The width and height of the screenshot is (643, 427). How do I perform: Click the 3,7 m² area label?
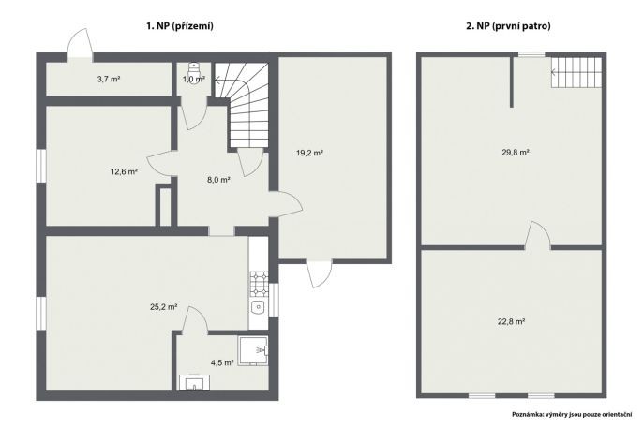tap(109, 79)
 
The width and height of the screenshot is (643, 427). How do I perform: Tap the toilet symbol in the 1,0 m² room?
tap(194, 68)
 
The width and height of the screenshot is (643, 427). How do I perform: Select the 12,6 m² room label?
tap(124, 171)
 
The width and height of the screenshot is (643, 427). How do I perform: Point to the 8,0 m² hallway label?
tap(218, 180)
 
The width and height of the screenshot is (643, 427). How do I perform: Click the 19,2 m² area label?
tap(309, 153)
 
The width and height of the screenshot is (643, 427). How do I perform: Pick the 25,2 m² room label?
tap(164, 306)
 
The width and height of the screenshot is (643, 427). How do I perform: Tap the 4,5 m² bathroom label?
tap(222, 362)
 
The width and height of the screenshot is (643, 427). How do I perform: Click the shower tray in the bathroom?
tap(253, 351)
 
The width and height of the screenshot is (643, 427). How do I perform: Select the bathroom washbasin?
tap(194, 382)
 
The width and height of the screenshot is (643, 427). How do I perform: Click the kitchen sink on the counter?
tap(259, 306)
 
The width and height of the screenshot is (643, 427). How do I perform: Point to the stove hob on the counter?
tap(259, 284)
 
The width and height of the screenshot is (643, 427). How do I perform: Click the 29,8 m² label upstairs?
tap(516, 153)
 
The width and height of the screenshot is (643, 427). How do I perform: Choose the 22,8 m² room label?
tap(512, 322)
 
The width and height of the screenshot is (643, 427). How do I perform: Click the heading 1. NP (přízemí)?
tap(180, 26)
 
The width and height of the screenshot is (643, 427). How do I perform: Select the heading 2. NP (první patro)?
tap(508, 26)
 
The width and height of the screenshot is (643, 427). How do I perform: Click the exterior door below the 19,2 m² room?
tap(319, 273)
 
